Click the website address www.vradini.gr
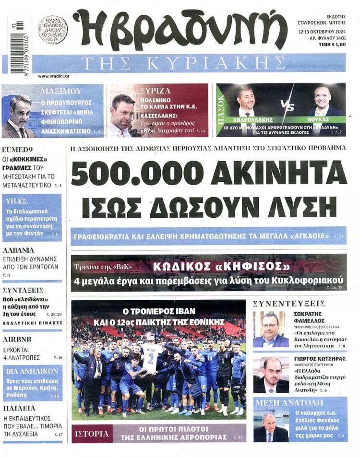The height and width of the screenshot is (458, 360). pos(53,76)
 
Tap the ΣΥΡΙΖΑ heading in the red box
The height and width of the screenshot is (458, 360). pos(156,90)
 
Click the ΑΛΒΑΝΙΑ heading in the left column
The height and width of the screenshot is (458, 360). pos(19,250)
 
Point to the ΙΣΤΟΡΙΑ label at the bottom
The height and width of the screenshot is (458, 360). pos(92,434)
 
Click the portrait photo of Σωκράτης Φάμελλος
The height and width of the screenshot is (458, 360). pos(270,330)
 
